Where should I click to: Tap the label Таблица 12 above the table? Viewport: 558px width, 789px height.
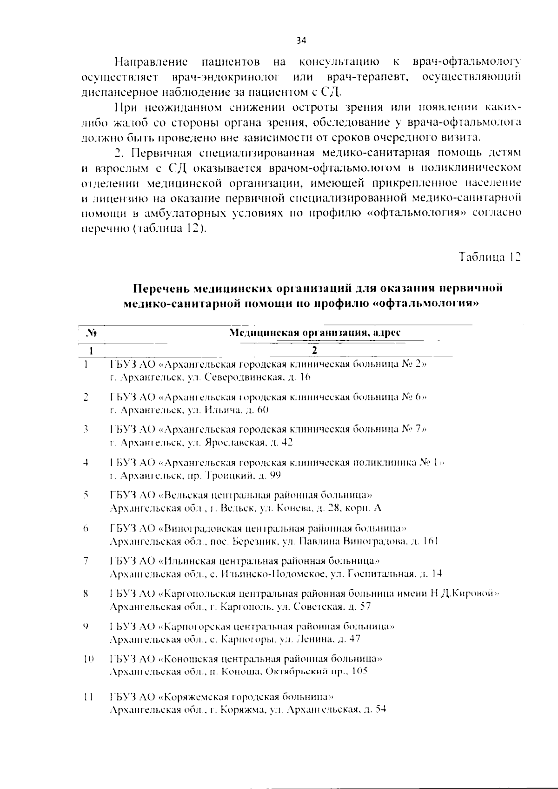point(489,257)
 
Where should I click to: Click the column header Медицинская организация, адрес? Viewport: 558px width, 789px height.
point(315,333)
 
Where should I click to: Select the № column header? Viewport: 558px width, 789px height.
point(92,333)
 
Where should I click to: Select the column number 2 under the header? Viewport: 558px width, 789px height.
point(315,350)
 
